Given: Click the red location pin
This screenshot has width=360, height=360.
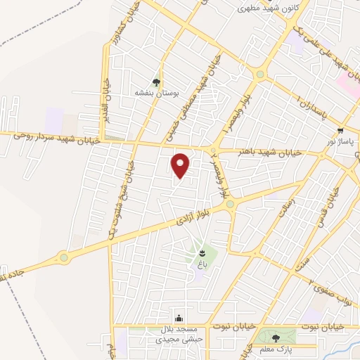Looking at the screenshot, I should click(x=181, y=166).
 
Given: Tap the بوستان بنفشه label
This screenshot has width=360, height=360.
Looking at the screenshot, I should click(x=157, y=92).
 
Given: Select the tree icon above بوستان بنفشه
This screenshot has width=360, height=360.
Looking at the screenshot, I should click(x=157, y=82).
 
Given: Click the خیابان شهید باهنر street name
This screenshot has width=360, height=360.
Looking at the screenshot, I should click(x=244, y=152).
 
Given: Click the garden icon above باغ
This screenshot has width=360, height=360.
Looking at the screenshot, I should click(x=202, y=253).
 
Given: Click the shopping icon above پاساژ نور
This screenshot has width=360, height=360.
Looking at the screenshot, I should click(x=340, y=131).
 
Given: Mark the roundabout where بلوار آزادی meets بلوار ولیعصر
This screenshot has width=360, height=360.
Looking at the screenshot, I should click(x=229, y=204).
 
